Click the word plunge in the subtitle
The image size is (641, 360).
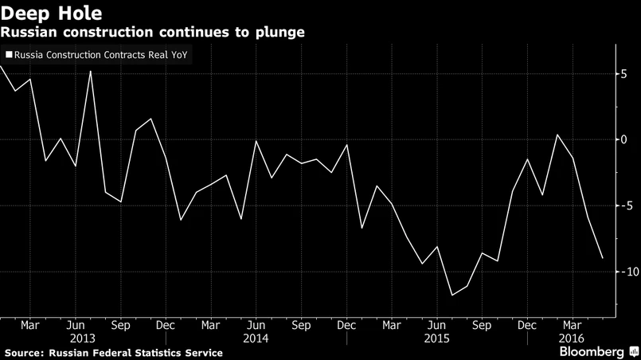(x=278, y=32)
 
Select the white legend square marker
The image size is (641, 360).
(x=9, y=56)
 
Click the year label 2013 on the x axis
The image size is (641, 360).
(x=75, y=337)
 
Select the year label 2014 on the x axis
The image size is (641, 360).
(x=256, y=337)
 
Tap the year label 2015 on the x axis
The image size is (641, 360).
(x=436, y=337)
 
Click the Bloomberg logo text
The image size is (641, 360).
(x=591, y=351)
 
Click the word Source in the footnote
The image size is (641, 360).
(x=23, y=352)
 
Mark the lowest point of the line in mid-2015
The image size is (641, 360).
(x=452, y=295)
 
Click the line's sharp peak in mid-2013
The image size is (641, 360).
(x=90, y=72)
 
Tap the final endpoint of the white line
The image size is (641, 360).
(x=603, y=258)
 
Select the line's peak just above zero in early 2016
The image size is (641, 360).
(x=557, y=135)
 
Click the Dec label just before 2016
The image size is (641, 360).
(x=526, y=325)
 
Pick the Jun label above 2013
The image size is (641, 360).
(x=75, y=325)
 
